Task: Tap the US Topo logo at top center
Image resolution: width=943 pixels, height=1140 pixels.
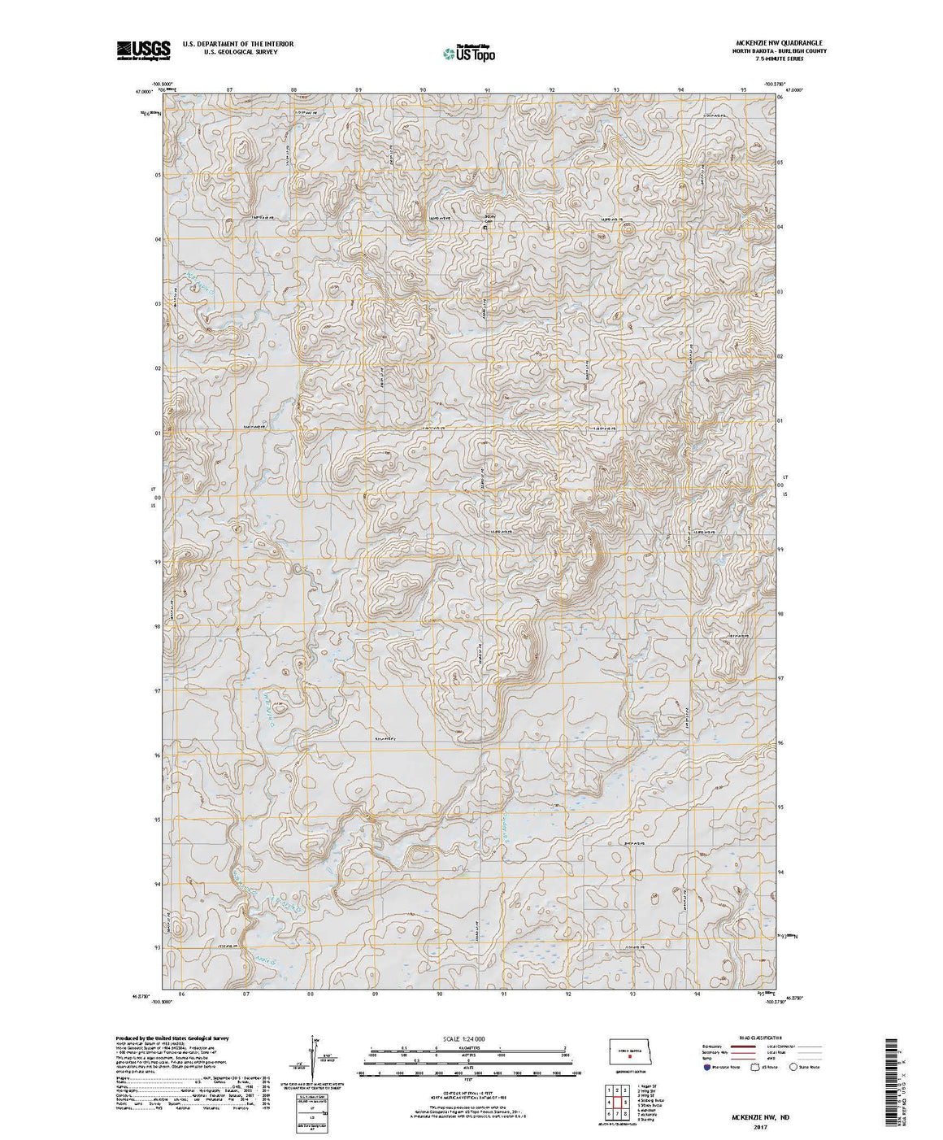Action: [x=468, y=53]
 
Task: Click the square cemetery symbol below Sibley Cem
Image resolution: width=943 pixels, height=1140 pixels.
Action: [x=486, y=228]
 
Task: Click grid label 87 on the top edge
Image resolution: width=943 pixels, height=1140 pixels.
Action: [x=229, y=89]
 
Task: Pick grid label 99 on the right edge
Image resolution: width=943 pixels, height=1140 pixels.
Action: [x=780, y=550]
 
